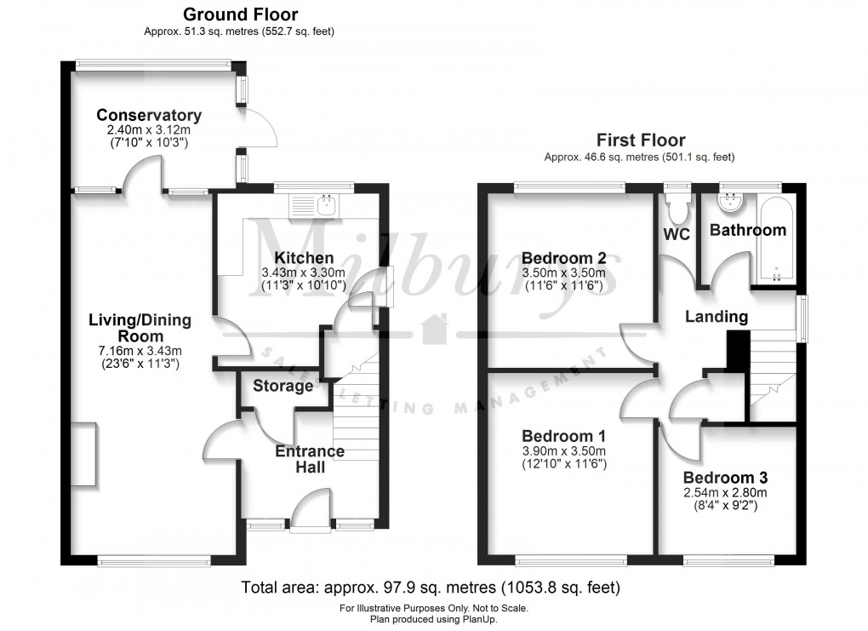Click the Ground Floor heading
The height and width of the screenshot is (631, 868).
(241, 14)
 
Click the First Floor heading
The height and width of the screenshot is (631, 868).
(640, 141)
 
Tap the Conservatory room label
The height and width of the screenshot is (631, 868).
(149, 116)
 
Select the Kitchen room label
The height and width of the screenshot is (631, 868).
(303, 258)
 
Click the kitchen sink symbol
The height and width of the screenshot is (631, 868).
(313, 204)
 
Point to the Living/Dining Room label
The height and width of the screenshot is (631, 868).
(140, 329)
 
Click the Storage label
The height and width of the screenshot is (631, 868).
(283, 387)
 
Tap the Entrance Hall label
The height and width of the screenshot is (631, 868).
(309, 459)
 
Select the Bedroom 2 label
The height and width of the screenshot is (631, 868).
(562, 258)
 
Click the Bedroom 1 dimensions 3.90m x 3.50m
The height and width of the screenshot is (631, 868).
(562, 451)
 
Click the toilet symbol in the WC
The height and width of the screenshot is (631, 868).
(678, 205)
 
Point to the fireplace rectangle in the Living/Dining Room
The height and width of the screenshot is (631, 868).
(84, 456)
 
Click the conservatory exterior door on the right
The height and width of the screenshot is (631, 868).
(259, 129)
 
